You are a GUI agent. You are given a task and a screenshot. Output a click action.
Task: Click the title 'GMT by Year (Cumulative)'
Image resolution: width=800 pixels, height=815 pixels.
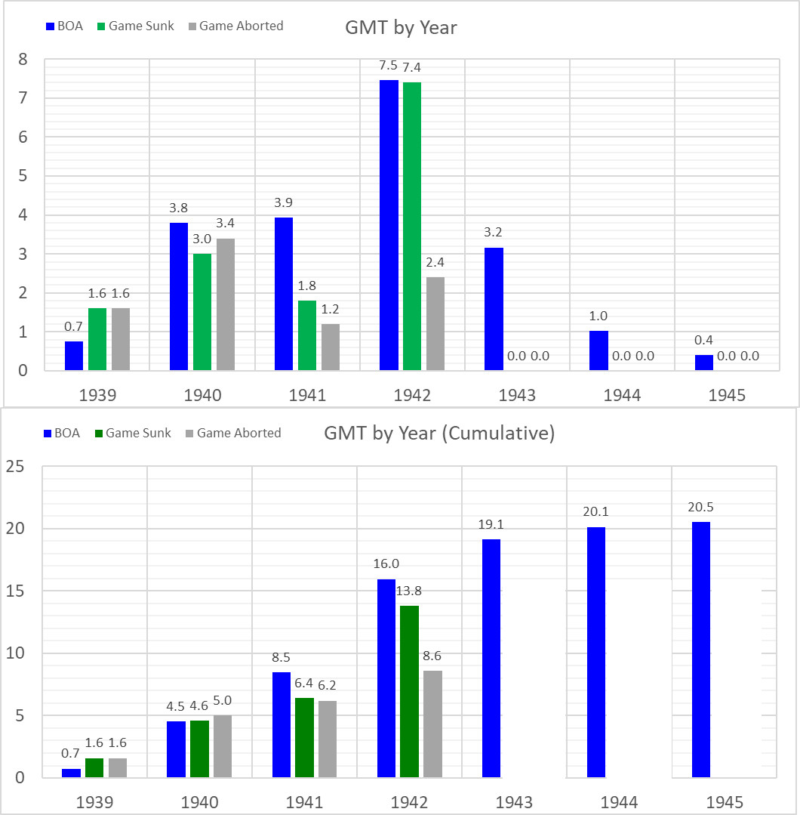click(x=439, y=434)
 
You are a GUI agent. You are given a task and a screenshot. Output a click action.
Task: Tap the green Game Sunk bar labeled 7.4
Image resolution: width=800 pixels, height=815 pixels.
click(x=412, y=227)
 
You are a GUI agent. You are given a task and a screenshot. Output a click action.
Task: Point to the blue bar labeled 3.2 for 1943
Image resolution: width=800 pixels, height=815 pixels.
click(x=494, y=309)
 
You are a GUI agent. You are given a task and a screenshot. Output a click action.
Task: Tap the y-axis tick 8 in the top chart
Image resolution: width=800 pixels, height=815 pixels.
click(x=23, y=60)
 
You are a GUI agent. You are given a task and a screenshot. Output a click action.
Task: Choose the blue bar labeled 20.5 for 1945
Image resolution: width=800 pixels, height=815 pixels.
click(x=701, y=650)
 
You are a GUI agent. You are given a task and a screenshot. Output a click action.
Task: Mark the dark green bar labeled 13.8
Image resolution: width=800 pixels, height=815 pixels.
click(x=409, y=691)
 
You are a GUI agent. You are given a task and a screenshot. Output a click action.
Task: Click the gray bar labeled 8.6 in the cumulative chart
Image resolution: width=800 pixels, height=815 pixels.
click(x=432, y=724)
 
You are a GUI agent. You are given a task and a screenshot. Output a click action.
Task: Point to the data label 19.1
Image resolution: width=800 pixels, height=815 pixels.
click(x=491, y=523)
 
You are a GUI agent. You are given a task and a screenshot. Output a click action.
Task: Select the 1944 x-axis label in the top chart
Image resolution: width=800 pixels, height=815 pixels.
click(x=622, y=394)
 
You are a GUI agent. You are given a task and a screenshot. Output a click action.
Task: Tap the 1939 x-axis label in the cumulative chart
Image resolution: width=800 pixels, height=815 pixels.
click(x=94, y=801)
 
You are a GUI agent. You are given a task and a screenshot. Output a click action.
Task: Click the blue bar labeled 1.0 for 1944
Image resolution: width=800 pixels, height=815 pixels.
click(x=598, y=350)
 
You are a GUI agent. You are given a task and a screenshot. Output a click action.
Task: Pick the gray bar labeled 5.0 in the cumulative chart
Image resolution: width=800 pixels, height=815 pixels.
click(x=223, y=746)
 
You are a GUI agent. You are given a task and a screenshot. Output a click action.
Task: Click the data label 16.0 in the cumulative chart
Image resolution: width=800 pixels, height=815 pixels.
click(x=386, y=563)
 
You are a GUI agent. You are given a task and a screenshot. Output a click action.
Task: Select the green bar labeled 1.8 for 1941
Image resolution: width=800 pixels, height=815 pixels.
click(x=307, y=335)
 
